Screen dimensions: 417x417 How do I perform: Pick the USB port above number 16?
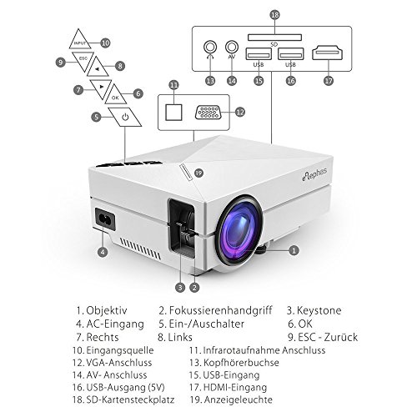click(289, 55)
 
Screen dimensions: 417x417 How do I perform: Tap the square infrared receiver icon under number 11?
click(174, 109)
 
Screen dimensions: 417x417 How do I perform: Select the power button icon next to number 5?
click(124, 117)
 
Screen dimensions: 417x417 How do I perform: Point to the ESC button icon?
click(82, 60)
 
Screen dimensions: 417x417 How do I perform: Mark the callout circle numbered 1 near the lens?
click(293, 249)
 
